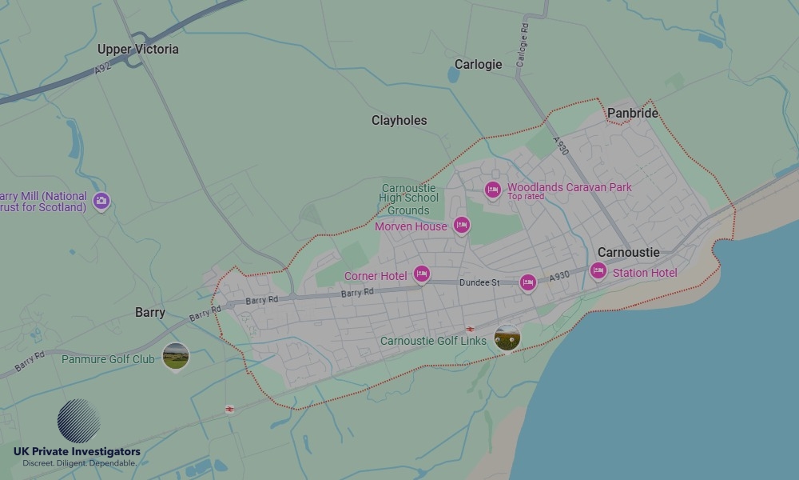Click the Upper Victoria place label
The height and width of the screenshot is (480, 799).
point(138,49)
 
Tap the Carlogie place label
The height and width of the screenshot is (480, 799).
point(478,64)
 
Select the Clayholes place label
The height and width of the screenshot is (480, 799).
point(399,121)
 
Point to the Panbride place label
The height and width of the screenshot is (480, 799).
point(633,114)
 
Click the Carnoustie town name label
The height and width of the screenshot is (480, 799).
point(629,252)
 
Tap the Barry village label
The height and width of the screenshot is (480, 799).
point(150,313)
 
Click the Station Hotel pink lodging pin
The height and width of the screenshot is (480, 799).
point(598,271)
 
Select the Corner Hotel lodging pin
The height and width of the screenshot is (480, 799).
point(421,274)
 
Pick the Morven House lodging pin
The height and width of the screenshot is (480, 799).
point(461,226)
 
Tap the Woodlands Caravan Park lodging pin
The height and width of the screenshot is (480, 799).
point(493,189)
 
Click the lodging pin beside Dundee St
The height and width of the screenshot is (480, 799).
point(527,282)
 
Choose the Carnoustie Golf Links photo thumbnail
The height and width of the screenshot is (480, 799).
point(507,338)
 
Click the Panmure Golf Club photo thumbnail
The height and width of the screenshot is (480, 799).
point(176,356)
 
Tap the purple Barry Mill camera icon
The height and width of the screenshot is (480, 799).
point(101,200)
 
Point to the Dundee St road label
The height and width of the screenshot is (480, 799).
point(479,283)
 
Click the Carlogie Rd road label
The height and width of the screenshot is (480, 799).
point(523,44)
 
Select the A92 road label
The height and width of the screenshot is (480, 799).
point(101,70)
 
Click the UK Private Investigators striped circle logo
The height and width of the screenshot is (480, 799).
point(78,422)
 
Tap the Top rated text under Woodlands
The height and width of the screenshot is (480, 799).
point(526,197)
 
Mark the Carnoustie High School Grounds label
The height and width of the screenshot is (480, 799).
point(409,199)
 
